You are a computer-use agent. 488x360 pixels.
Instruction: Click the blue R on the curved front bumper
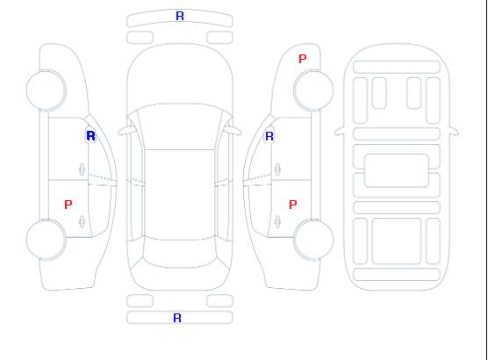(180, 16)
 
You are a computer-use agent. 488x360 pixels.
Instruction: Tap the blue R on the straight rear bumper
(177, 318)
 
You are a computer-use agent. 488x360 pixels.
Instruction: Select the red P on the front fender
(302, 59)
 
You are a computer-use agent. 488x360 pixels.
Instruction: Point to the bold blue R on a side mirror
(90, 136)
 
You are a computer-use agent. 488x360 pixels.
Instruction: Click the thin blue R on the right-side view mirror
(269, 136)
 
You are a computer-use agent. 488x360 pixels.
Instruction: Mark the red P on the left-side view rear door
(68, 205)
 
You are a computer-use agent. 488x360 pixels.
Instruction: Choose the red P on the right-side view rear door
(292, 205)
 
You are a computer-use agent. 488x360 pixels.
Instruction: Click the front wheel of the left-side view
(46, 90)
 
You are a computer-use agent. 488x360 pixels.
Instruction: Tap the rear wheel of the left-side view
(46, 240)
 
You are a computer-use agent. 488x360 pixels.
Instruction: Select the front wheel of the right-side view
(313, 90)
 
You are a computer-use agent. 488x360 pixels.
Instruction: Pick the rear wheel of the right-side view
(313, 240)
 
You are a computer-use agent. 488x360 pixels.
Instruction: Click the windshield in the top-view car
(180, 126)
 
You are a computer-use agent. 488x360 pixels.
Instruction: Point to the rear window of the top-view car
(180, 253)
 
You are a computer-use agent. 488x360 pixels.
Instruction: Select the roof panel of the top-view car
(180, 195)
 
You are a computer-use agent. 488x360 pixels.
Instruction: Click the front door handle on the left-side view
(82, 169)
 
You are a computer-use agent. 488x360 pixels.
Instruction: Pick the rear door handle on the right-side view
(277, 221)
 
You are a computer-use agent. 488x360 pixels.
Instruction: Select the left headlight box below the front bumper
(140, 38)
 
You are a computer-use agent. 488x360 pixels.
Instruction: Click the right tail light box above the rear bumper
(219, 301)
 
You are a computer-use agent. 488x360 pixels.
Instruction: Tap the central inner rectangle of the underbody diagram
(397, 170)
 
